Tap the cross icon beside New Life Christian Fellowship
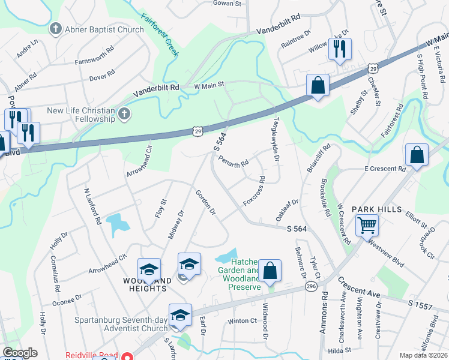(123, 113)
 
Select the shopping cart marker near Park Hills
(366, 226)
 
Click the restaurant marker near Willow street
(340, 49)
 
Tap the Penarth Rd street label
(234, 163)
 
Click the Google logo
(20, 353)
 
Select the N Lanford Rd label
(92, 206)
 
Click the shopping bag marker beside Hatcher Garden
(271, 272)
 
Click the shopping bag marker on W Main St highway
(318, 85)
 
